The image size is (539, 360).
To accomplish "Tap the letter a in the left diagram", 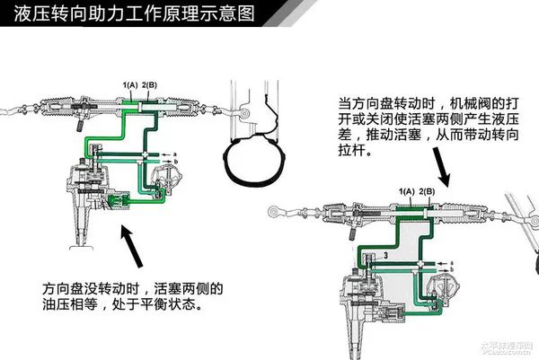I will [x=176, y=155].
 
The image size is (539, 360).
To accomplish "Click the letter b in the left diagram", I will [x=176, y=163].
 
